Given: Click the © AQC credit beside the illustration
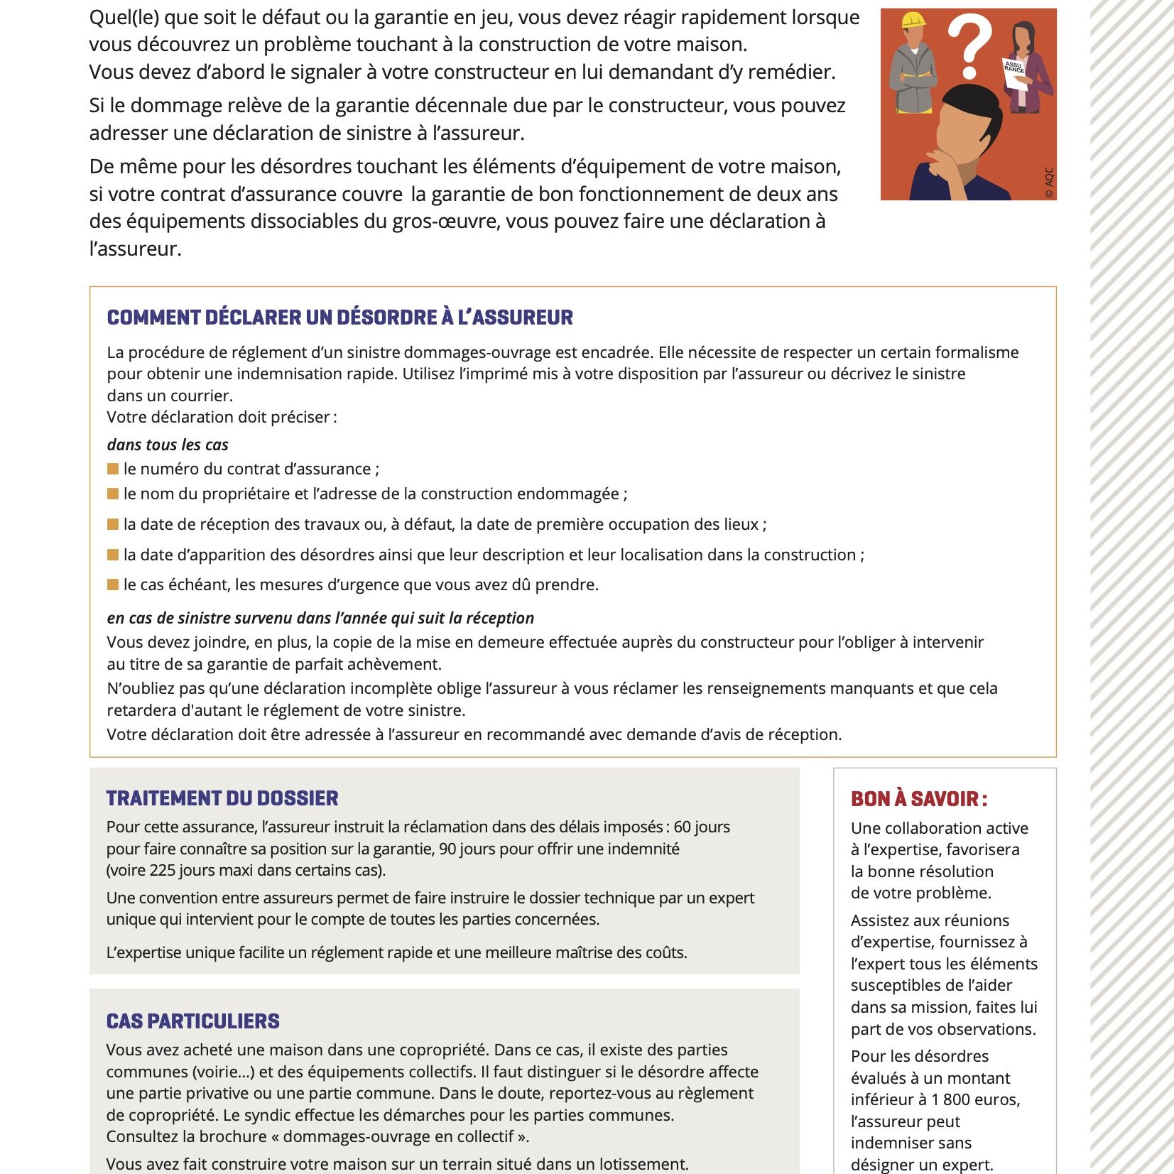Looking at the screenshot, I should (1049, 183).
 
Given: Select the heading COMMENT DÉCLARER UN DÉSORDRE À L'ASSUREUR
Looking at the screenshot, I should (339, 317).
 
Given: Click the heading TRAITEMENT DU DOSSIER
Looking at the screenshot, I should (222, 798).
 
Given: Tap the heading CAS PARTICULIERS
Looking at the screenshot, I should (192, 1021).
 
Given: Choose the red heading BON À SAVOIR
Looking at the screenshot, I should (918, 799).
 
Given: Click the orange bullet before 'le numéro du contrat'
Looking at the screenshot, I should (113, 469).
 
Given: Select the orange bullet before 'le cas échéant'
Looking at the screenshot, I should (113, 585).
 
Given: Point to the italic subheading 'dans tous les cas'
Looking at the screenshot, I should (168, 445).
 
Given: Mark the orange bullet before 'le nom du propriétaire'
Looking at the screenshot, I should (113, 494).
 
